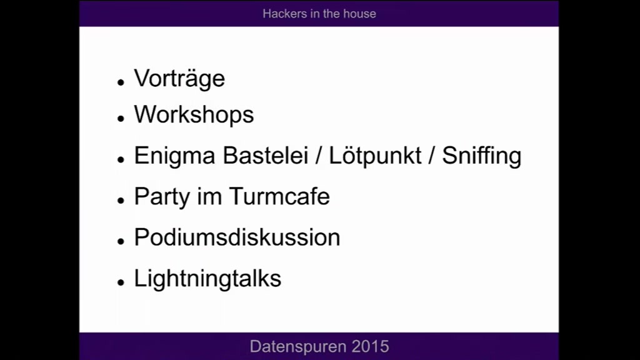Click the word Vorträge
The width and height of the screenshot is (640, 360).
pyautogui.click(x=179, y=79)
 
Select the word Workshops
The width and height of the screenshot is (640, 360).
pyautogui.click(x=194, y=114)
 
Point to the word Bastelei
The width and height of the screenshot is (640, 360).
pyautogui.click(x=265, y=156)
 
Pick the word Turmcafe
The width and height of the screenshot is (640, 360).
pyautogui.click(x=279, y=196)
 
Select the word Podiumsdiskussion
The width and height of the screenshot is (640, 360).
pyautogui.click(x=237, y=237)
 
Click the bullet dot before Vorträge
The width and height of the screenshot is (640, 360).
pyautogui.click(x=121, y=82)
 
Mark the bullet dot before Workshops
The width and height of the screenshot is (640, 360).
pyautogui.click(x=121, y=118)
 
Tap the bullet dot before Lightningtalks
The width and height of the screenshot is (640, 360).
pyautogui.click(x=121, y=282)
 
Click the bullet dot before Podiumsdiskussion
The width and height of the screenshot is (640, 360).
pyautogui.click(x=121, y=241)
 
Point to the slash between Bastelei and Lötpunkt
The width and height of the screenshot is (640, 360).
pyautogui.click(x=319, y=156)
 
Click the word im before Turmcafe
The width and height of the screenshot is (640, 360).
pyautogui.click(x=209, y=196)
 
